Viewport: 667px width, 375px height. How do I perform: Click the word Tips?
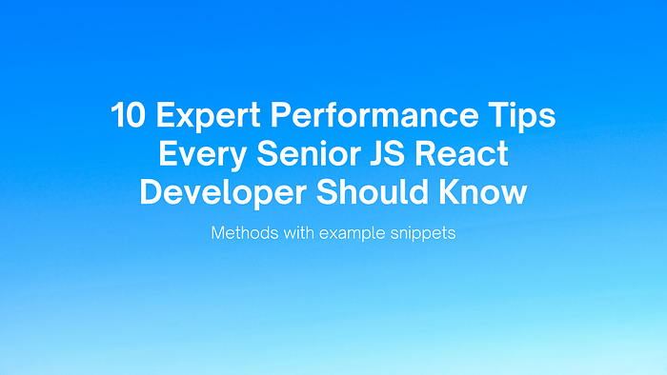(523, 118)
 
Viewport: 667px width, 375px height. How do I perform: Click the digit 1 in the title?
(118, 118)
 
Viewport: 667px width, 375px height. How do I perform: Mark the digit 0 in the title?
(136, 118)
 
